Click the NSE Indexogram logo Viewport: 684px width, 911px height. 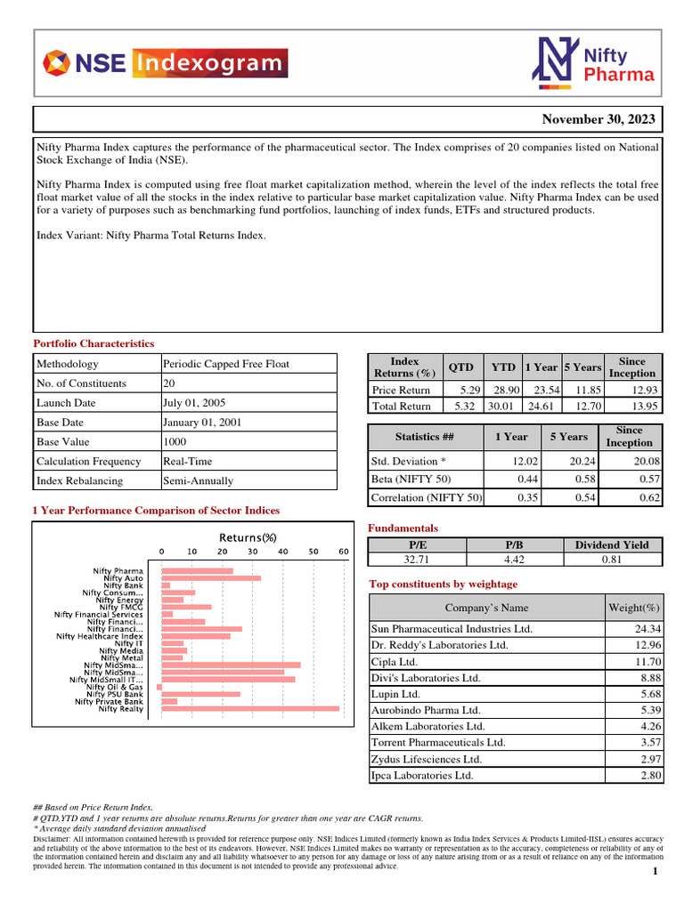(x=166, y=63)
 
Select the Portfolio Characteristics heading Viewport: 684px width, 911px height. (x=94, y=343)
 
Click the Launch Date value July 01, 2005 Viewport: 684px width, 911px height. (x=192, y=403)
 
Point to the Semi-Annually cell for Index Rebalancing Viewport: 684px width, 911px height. (x=198, y=480)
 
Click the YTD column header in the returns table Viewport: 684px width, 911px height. (x=503, y=367)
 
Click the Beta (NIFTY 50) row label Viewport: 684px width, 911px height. (x=411, y=480)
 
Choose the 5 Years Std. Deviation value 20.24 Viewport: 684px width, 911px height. (x=574, y=461)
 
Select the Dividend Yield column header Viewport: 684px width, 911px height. (x=612, y=544)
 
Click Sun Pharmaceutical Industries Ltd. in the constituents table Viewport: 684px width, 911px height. (x=452, y=629)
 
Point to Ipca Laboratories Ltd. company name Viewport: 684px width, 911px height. (x=423, y=775)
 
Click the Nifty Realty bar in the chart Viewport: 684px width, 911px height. (x=249, y=709)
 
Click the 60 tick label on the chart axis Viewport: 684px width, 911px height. (x=344, y=552)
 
